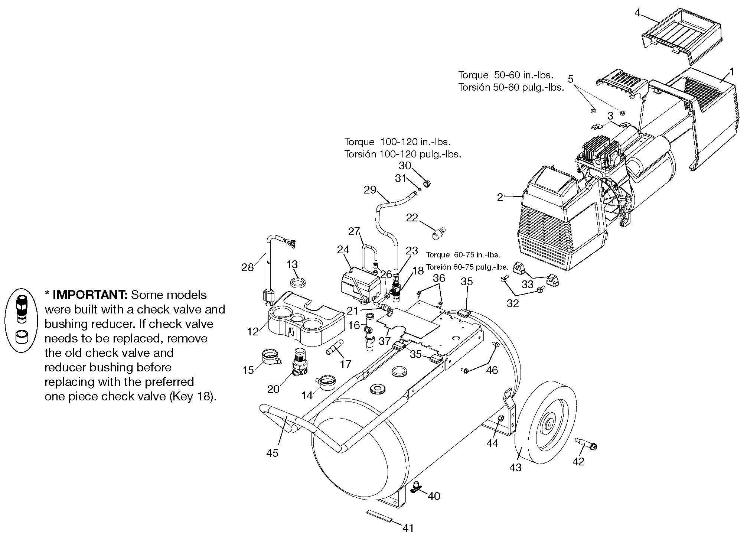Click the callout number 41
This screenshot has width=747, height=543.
[x=408, y=528]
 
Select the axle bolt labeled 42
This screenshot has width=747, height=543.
[x=586, y=443]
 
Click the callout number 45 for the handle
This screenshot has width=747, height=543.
[x=272, y=453]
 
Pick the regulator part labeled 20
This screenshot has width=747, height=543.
[x=299, y=363]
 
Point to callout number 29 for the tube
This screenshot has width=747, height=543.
[x=370, y=190]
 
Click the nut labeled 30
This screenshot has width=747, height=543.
[x=427, y=183]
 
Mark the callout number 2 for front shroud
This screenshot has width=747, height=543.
[x=500, y=197]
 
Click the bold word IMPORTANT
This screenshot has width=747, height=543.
[x=90, y=295]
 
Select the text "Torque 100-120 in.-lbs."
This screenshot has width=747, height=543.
[x=397, y=142]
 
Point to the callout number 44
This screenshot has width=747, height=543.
[x=492, y=443]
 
